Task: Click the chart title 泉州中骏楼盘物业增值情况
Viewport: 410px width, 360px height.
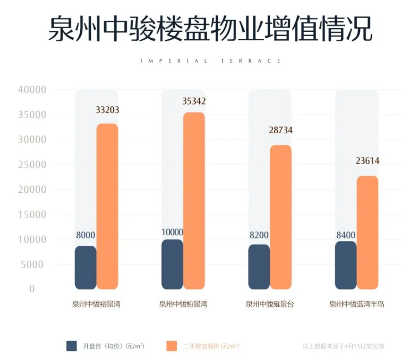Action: tap(210, 29)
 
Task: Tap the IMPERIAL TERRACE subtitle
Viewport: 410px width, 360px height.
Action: tap(211, 61)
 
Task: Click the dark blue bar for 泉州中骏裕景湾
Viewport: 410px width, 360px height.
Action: tap(86, 268)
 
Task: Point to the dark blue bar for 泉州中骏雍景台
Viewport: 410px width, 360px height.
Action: tap(259, 267)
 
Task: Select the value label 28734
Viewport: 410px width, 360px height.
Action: tap(281, 130)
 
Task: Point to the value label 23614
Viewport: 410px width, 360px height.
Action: tap(368, 161)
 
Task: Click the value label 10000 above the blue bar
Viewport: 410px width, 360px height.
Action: tap(172, 232)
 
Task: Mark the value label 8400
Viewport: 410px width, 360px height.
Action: tap(346, 235)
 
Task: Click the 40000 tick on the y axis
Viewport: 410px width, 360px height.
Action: tap(32, 90)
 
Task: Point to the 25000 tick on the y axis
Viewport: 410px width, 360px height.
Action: tap(32, 165)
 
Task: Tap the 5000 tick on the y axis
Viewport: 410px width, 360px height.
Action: tap(35, 264)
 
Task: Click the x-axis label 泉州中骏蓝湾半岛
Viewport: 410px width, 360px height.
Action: tap(356, 305)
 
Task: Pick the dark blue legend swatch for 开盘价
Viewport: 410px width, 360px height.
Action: tap(72, 346)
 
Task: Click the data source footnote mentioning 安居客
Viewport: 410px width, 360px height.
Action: tap(343, 346)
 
